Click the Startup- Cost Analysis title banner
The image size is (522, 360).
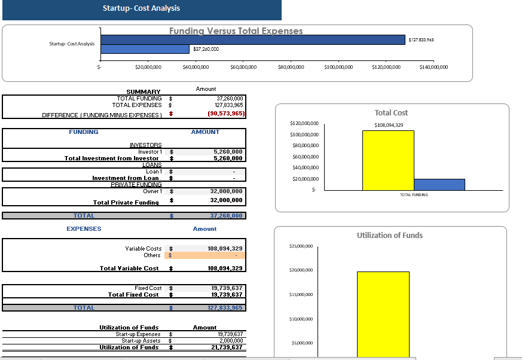pyautogui.click(x=141, y=8)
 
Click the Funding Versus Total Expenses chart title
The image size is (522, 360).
pyautogui.click(x=236, y=31)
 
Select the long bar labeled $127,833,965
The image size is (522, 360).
pyautogui.click(x=253, y=39)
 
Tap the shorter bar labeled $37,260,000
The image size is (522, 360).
pyautogui.click(x=145, y=49)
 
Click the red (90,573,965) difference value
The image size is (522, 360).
pyautogui.click(x=225, y=114)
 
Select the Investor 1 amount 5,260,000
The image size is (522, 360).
pyautogui.click(x=228, y=152)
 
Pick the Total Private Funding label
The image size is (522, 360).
pyautogui.click(x=126, y=202)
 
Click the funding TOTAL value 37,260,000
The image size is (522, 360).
pyautogui.click(x=226, y=216)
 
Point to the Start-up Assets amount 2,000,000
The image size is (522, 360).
pyautogui.click(x=230, y=341)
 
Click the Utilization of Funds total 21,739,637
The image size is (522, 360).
pyautogui.click(x=227, y=347)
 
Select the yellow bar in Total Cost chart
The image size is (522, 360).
pyautogui.click(x=388, y=160)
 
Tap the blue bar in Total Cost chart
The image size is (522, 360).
pyautogui.click(x=439, y=185)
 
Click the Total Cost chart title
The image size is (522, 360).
pyautogui.click(x=391, y=112)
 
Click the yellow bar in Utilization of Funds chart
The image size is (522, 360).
pyautogui.click(x=383, y=314)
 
